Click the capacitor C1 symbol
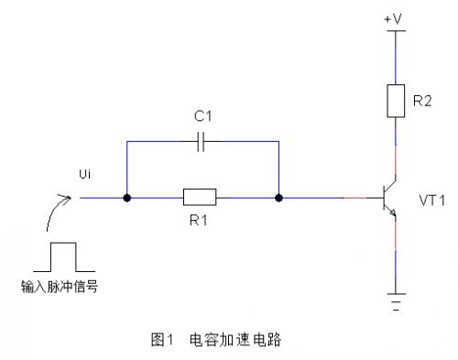(202, 142)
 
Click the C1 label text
(202, 118)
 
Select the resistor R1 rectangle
(200, 197)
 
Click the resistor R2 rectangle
(394, 99)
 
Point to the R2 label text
(422, 100)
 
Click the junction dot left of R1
(126, 197)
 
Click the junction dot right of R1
(278, 197)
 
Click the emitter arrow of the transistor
(391, 213)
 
